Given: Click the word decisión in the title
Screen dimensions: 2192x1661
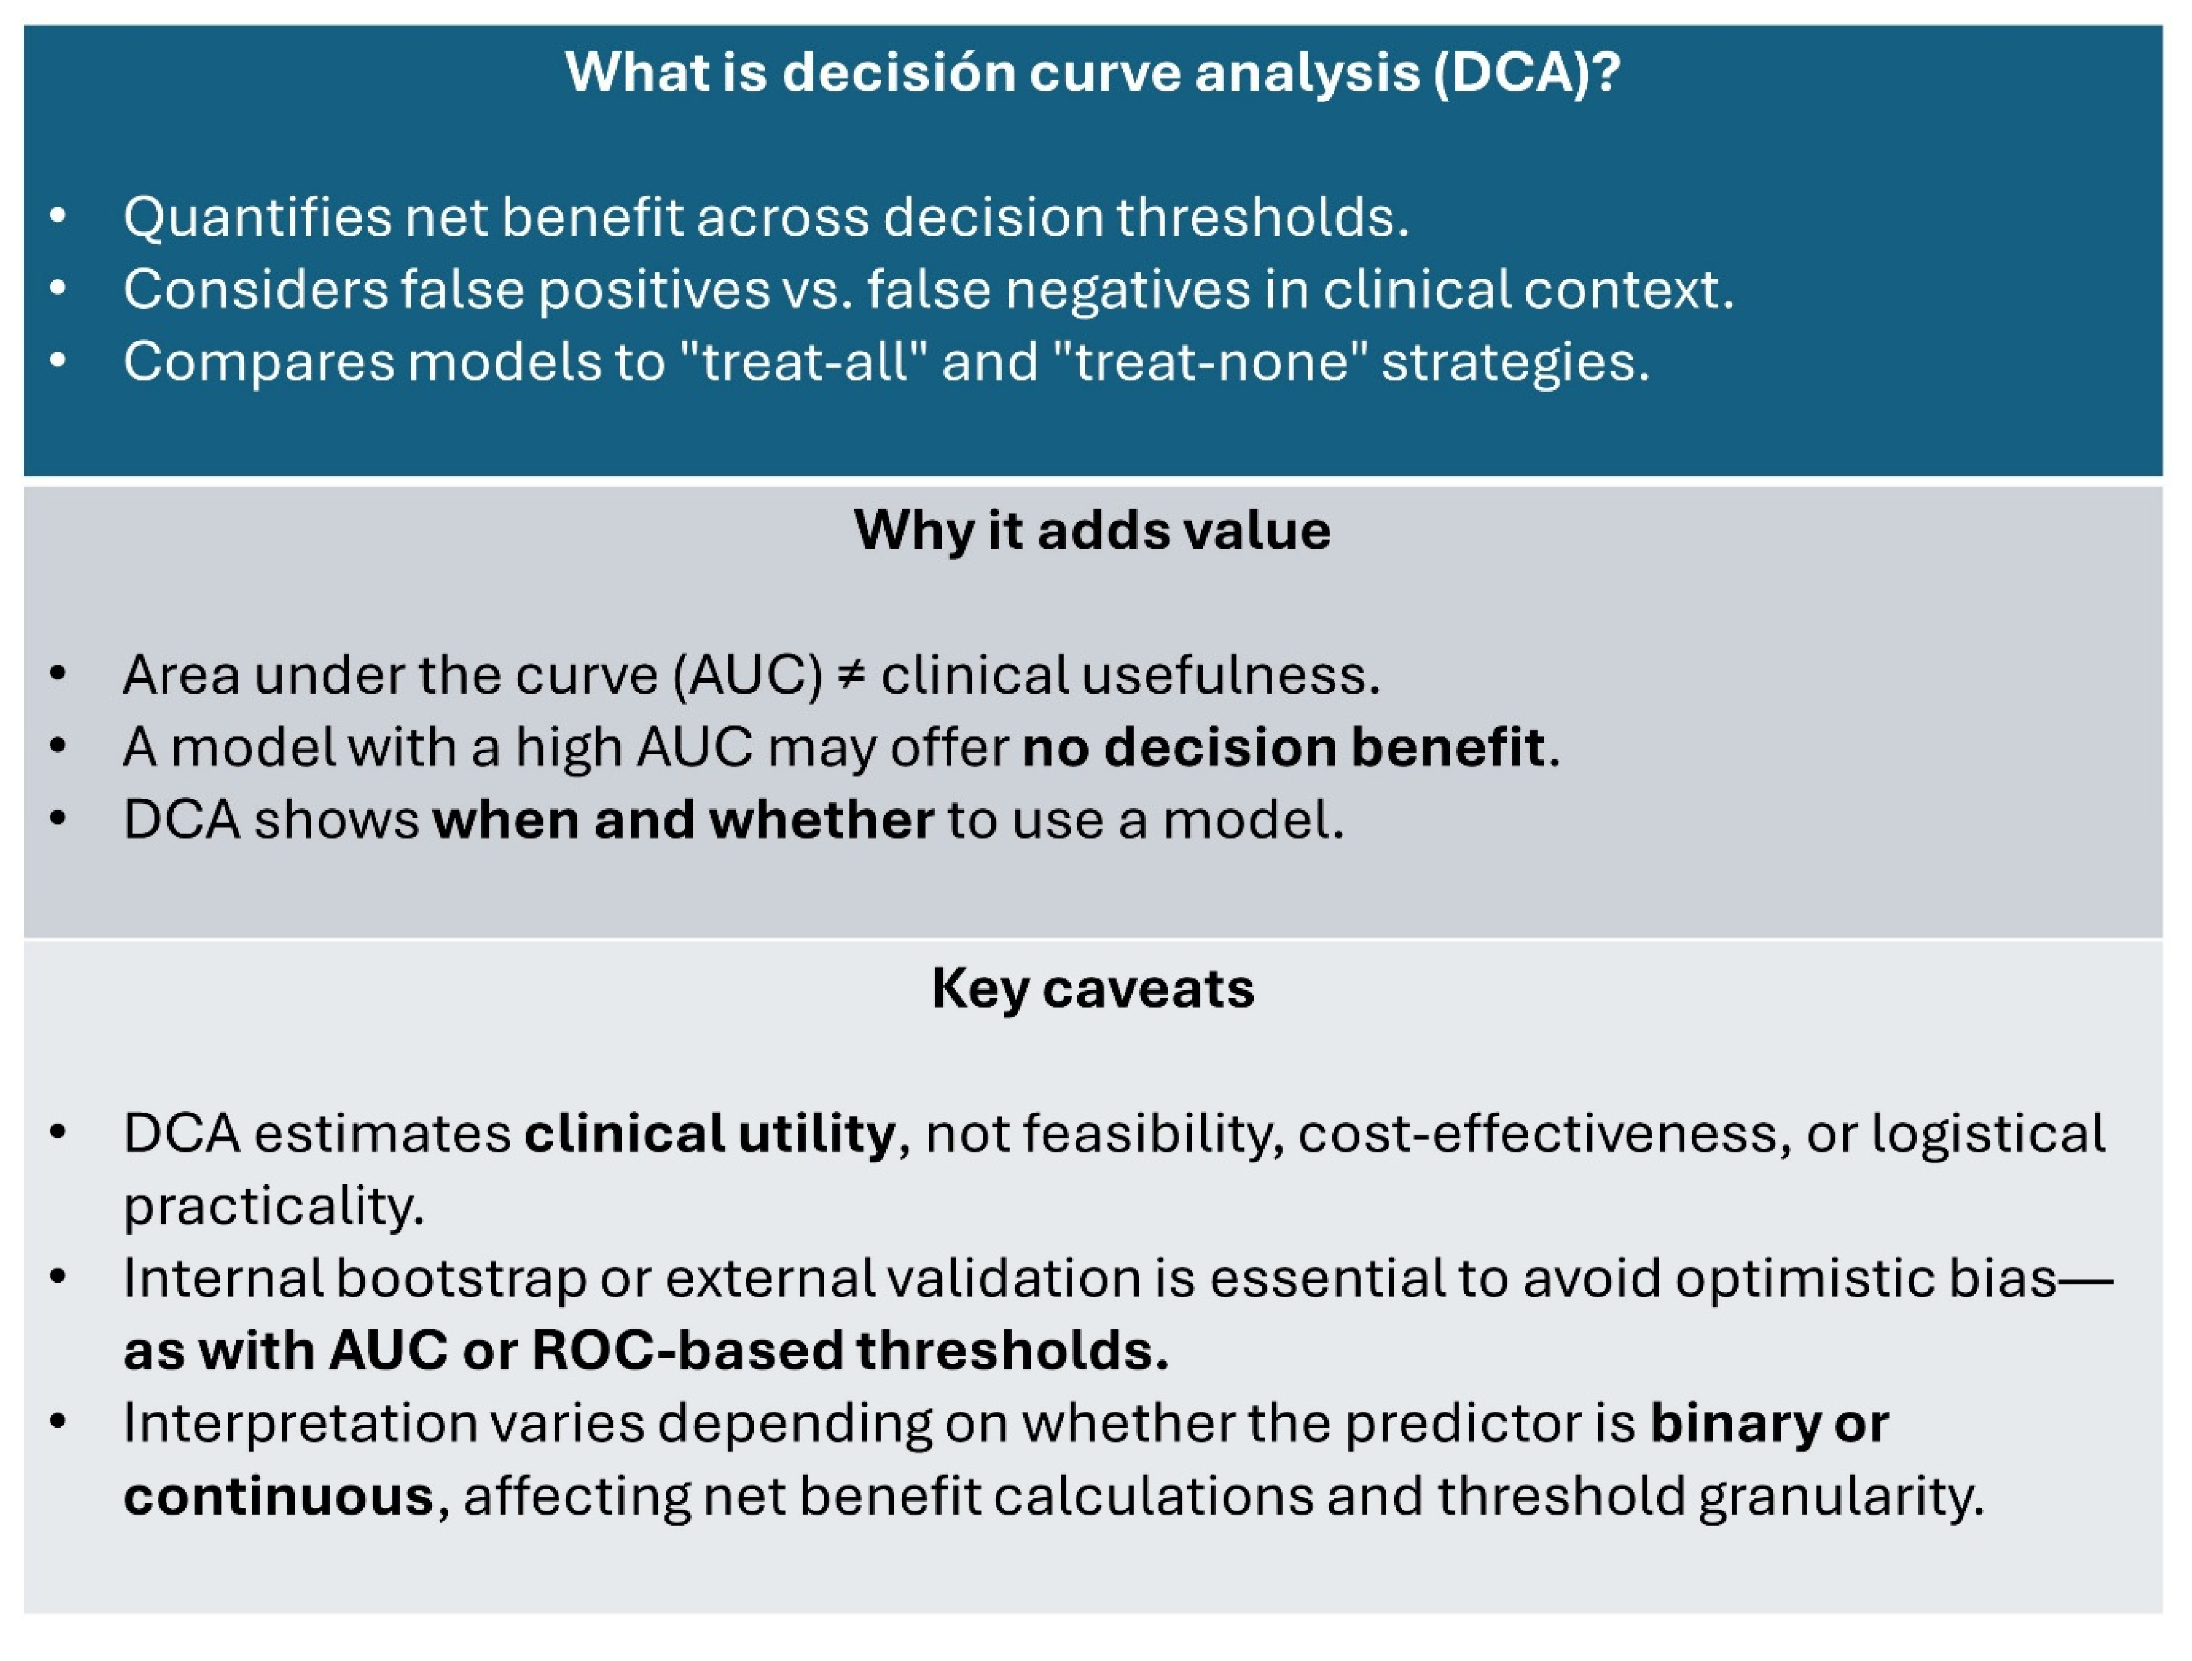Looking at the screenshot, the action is [x=898, y=73].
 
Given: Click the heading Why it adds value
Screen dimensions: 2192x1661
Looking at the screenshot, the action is [x=1093, y=531].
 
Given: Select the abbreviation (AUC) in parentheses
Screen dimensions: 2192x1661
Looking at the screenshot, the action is [x=748, y=675].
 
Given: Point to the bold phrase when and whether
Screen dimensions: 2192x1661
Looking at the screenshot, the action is [x=684, y=820].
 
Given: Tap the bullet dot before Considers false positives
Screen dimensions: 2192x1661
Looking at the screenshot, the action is [x=58, y=289].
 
